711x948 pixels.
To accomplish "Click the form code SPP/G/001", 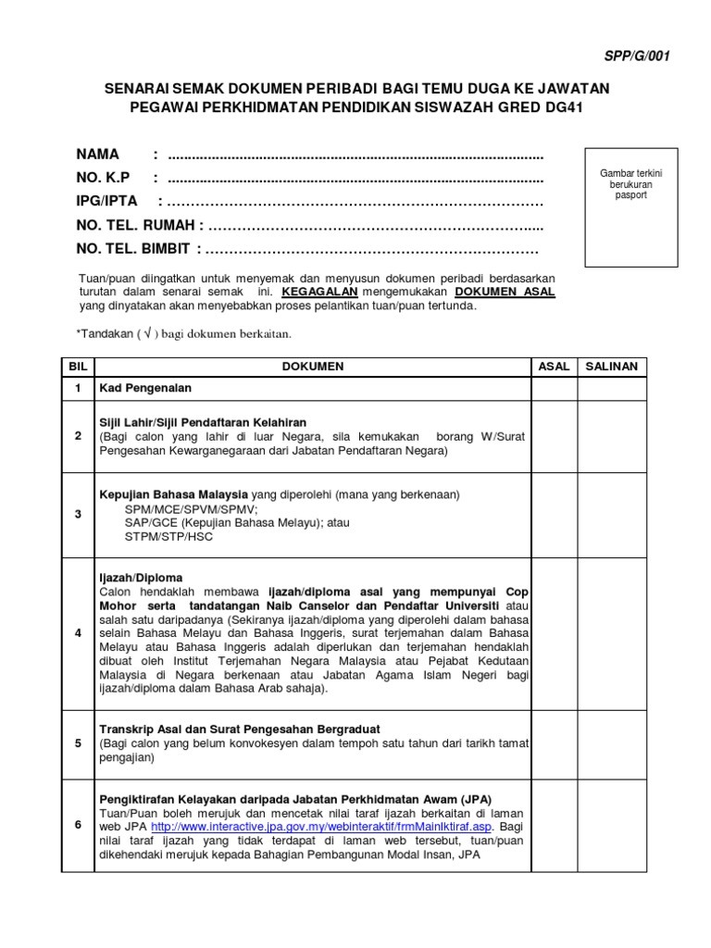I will click(638, 56).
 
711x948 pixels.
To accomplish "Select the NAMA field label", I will click(98, 153).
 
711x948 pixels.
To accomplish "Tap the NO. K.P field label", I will click(103, 177).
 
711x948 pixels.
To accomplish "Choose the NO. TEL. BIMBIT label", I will click(133, 249).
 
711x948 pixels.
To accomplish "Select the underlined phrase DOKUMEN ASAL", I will click(505, 292).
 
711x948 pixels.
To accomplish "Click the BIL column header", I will click(78, 367).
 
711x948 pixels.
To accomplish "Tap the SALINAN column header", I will click(612, 367).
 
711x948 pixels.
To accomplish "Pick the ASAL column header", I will click(554, 367).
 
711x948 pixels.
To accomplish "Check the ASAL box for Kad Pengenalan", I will click(554, 389).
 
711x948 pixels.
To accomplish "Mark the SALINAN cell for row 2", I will click(612, 436).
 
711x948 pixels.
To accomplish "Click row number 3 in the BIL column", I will click(78, 515).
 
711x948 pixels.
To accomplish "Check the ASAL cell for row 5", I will click(554, 743).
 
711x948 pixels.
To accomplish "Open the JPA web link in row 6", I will click(323, 827).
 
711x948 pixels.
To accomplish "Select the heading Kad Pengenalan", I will click(145, 389).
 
